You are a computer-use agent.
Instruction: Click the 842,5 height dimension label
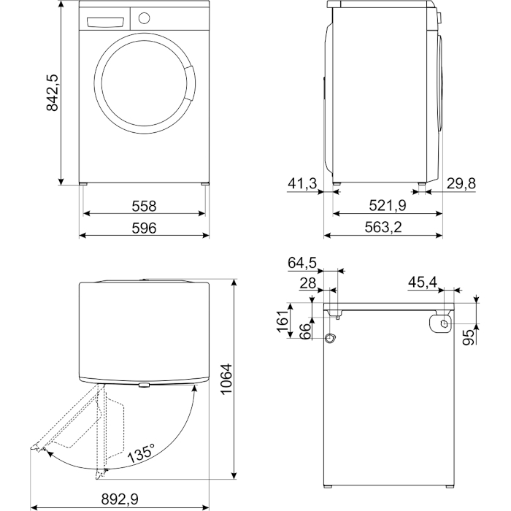52,93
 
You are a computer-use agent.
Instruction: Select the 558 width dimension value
144,207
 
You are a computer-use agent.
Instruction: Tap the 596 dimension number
144,228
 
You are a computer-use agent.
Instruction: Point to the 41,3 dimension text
302,184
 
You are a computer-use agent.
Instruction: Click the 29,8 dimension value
461,183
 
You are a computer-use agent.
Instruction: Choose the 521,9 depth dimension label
388,206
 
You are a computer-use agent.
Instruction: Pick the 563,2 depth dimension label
383,228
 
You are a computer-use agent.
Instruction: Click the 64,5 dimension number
302,263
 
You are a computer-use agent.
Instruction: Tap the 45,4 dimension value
423,283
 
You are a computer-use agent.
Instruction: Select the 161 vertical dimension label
283,320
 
